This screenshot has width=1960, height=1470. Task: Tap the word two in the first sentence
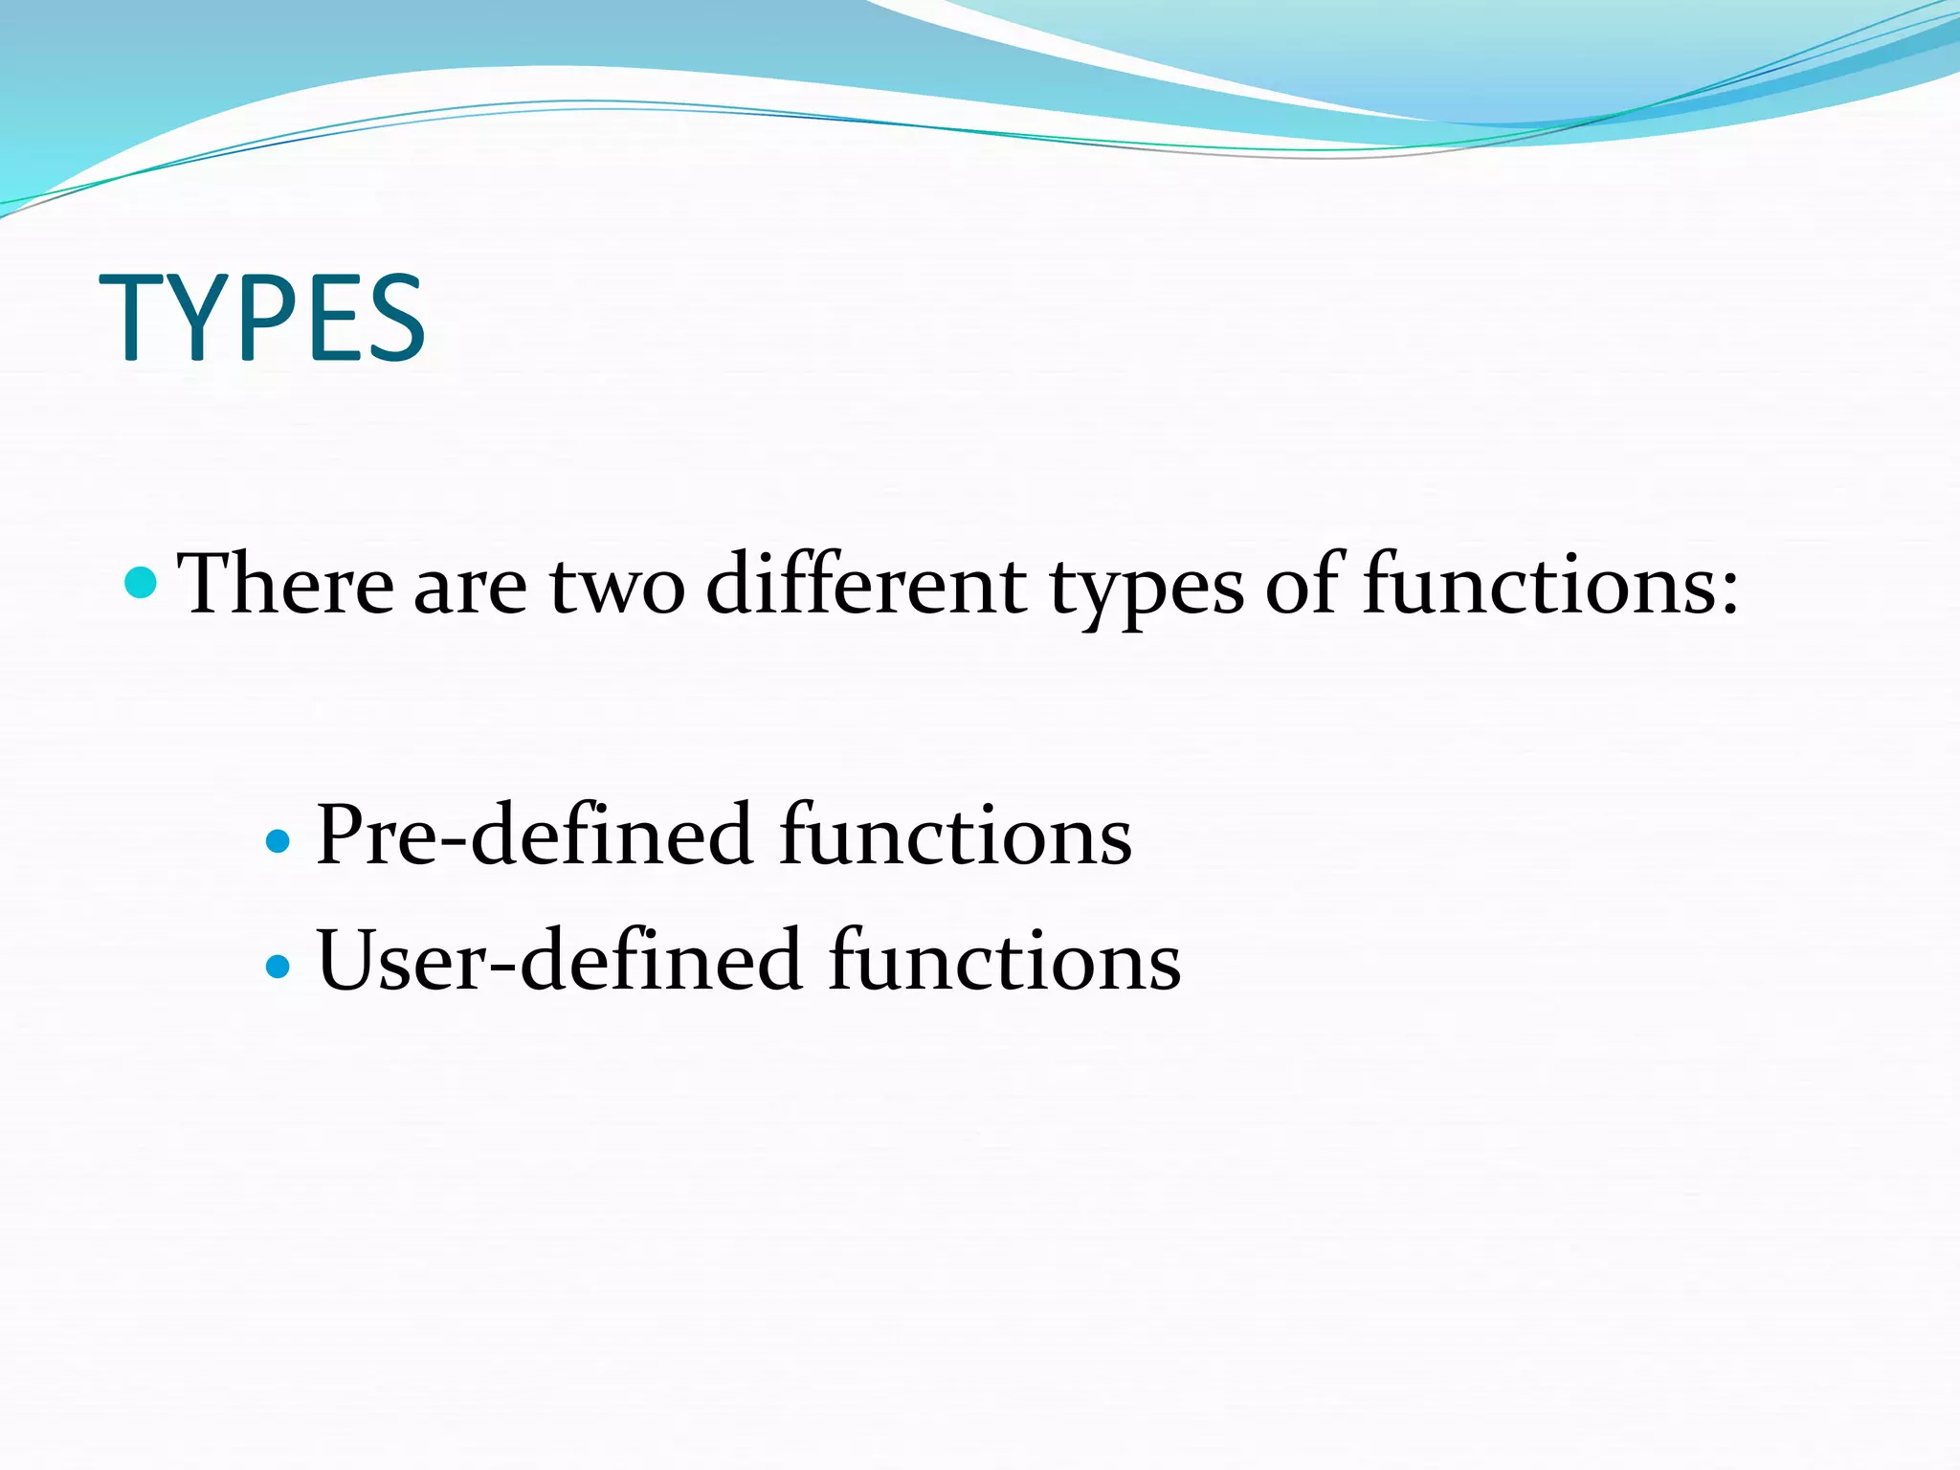click(616, 586)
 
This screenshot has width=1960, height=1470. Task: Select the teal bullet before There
click(141, 582)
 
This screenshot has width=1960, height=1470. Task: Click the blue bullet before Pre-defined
click(278, 841)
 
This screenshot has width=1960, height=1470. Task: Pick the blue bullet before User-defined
click(278, 966)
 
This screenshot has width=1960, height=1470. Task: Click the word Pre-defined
click(533, 835)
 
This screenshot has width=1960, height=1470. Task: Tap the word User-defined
click(558, 961)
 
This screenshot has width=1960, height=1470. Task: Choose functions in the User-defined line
click(1004, 961)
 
